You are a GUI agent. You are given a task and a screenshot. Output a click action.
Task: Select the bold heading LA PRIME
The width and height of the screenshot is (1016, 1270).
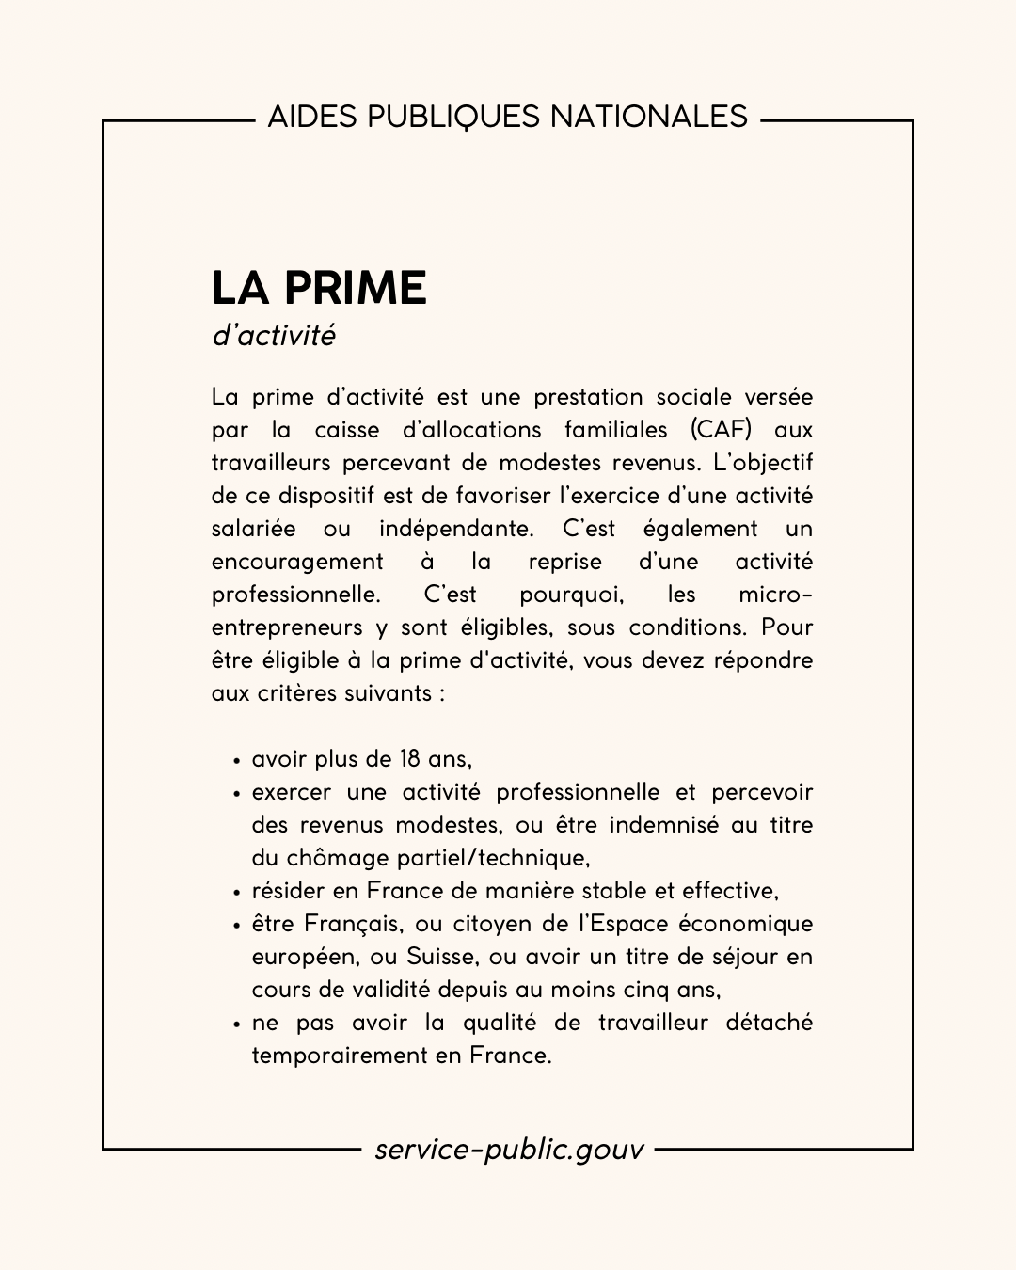(319, 288)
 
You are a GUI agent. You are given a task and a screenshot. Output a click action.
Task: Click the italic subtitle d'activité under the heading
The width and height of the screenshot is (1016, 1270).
(274, 336)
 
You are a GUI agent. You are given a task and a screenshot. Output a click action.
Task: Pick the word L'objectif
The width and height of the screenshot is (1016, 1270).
(763, 463)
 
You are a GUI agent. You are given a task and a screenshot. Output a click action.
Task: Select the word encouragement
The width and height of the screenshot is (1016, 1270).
(297, 562)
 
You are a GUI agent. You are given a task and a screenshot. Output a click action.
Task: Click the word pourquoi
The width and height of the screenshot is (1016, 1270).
(571, 595)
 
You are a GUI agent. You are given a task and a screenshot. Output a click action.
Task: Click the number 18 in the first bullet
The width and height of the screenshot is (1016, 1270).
(409, 759)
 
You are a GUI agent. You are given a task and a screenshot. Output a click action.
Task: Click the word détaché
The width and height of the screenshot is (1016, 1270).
(769, 1023)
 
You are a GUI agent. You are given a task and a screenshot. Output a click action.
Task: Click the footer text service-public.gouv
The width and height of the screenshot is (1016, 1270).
(509, 1149)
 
